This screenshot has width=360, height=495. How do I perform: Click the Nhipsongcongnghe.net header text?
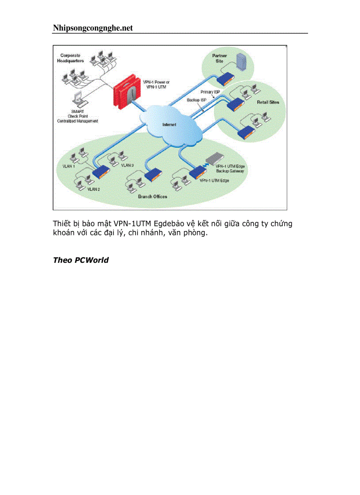[93, 28]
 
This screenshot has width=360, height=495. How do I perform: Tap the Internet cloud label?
[169, 125]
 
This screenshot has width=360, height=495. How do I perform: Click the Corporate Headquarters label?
[70, 58]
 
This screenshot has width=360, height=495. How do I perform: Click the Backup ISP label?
[196, 100]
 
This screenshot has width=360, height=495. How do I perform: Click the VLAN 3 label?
[127, 165]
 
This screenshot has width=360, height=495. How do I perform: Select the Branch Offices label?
[153, 196]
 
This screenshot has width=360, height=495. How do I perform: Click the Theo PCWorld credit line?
[81, 260]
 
